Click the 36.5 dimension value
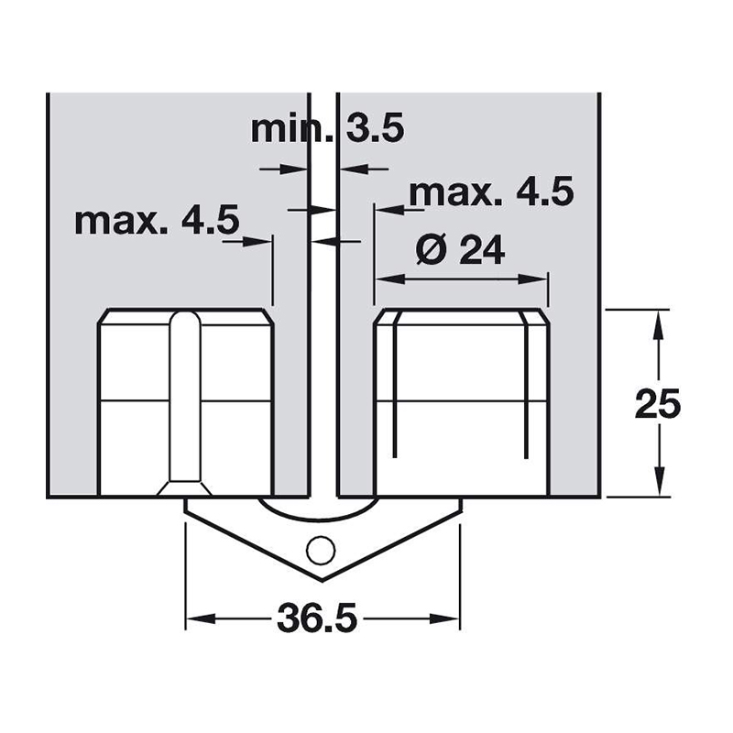[317, 618]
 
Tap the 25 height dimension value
[657, 403]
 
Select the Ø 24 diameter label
[461, 249]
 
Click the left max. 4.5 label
[157, 220]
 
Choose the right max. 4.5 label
[491, 192]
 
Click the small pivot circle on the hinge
[321, 551]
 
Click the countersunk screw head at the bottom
[184, 488]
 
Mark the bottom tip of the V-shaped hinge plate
[323, 581]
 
